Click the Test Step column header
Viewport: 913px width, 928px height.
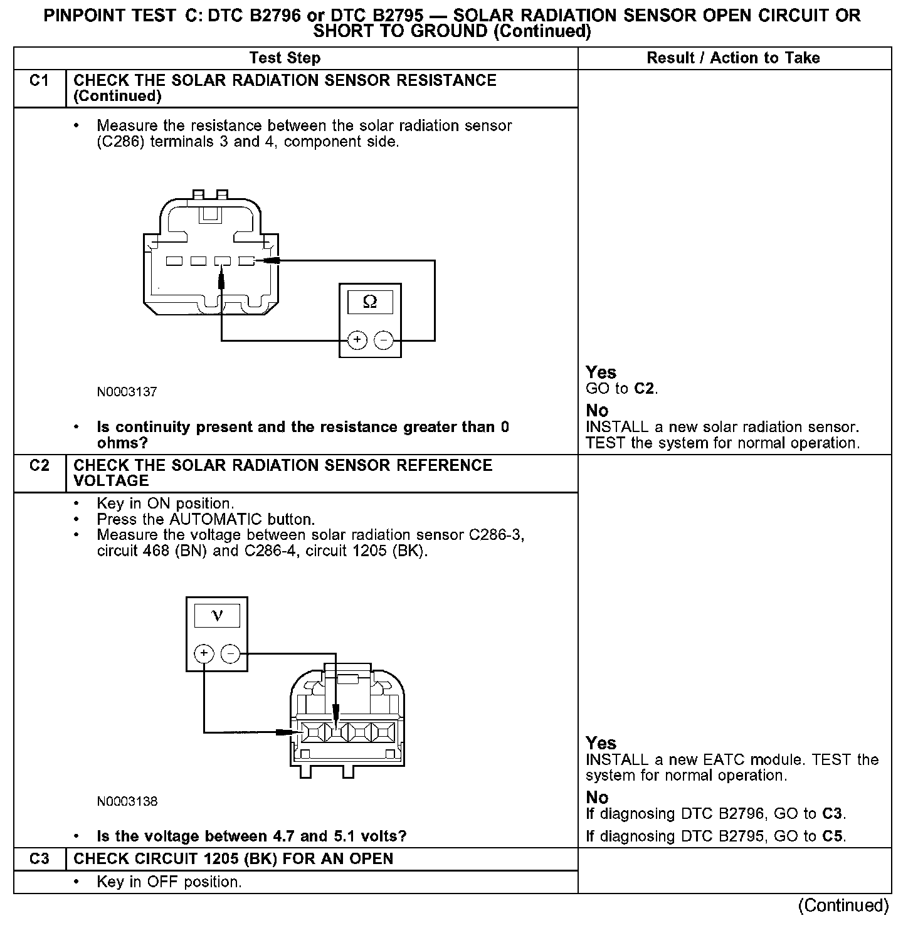click(285, 58)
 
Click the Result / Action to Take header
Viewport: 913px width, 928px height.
click(733, 58)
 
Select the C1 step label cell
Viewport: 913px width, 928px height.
click(39, 81)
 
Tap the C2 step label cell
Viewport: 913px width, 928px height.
click(39, 466)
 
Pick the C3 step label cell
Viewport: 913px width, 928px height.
click(39, 858)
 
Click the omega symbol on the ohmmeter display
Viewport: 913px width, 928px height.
click(370, 302)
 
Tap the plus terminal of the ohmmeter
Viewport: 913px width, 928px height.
click(357, 340)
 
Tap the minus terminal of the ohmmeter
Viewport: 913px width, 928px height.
click(383, 340)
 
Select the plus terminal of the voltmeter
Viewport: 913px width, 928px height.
click(204, 654)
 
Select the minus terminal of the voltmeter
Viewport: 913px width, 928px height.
click(231, 654)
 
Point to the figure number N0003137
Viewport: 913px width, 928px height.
click(127, 392)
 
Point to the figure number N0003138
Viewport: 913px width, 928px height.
click(127, 801)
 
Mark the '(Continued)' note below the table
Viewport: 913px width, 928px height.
click(843, 905)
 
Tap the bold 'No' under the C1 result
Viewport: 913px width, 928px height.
click(597, 411)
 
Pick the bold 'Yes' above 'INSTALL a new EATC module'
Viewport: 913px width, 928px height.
click(601, 743)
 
